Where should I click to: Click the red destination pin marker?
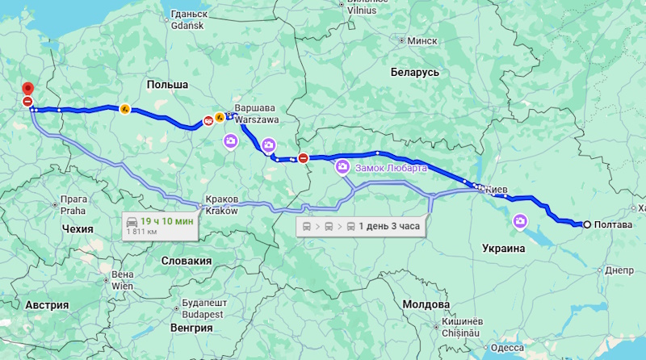pos(27,88)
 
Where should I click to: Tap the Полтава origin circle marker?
pos(587,224)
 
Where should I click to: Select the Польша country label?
pos(167,85)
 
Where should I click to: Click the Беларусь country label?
pos(414,72)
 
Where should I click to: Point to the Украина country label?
pos(504,248)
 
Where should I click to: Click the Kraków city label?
pos(220,210)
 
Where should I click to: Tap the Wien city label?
pos(122,285)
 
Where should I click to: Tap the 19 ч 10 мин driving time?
pos(167,220)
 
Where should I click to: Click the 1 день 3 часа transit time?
pos(389,226)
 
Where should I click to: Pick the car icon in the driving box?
pos(132,220)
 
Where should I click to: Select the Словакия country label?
pos(186,261)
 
